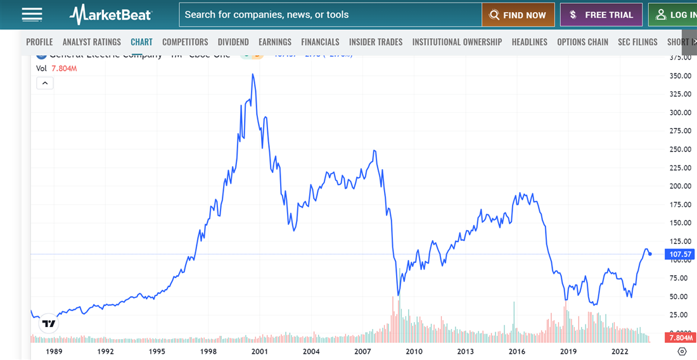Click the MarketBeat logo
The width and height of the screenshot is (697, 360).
click(x=110, y=15)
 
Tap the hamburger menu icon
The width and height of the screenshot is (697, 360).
click(x=32, y=15)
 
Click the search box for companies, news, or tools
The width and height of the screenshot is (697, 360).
click(x=329, y=15)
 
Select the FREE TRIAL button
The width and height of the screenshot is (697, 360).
click(x=601, y=15)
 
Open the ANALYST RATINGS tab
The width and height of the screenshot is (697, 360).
click(x=91, y=42)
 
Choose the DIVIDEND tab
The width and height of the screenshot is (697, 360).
click(x=233, y=42)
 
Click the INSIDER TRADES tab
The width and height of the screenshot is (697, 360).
click(x=376, y=42)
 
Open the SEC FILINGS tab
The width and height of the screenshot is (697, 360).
click(x=637, y=42)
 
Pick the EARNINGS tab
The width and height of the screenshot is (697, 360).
click(x=275, y=42)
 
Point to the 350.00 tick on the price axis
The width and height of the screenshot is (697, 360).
click(x=680, y=76)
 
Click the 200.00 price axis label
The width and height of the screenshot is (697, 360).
click(x=680, y=186)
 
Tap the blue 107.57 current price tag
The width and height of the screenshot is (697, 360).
click(x=681, y=254)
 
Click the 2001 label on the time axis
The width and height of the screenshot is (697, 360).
click(x=259, y=351)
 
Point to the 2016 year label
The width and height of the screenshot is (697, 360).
click(x=516, y=351)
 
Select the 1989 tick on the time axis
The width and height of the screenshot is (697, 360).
click(x=53, y=351)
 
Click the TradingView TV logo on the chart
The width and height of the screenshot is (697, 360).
click(x=49, y=324)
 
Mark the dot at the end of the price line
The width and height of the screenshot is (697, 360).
click(x=650, y=254)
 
